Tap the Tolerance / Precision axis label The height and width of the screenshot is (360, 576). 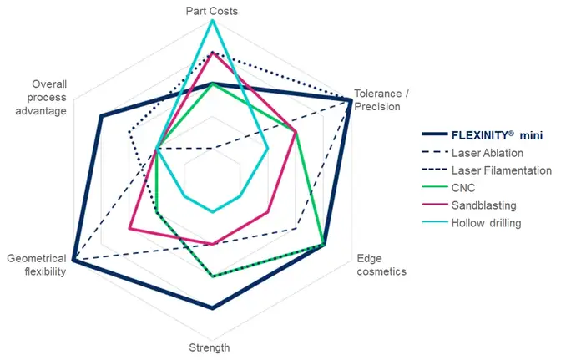(x=377, y=100)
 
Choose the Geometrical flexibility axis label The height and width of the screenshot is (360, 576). (x=36, y=265)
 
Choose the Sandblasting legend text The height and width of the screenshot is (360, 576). (x=484, y=205)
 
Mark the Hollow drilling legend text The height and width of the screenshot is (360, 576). (x=486, y=223)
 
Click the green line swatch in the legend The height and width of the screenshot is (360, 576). (x=432, y=188)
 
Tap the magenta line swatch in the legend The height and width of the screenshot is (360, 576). (x=432, y=205)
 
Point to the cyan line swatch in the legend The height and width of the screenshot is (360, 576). (x=432, y=223)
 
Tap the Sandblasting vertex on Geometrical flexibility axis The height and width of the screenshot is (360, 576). (x=129, y=228)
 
